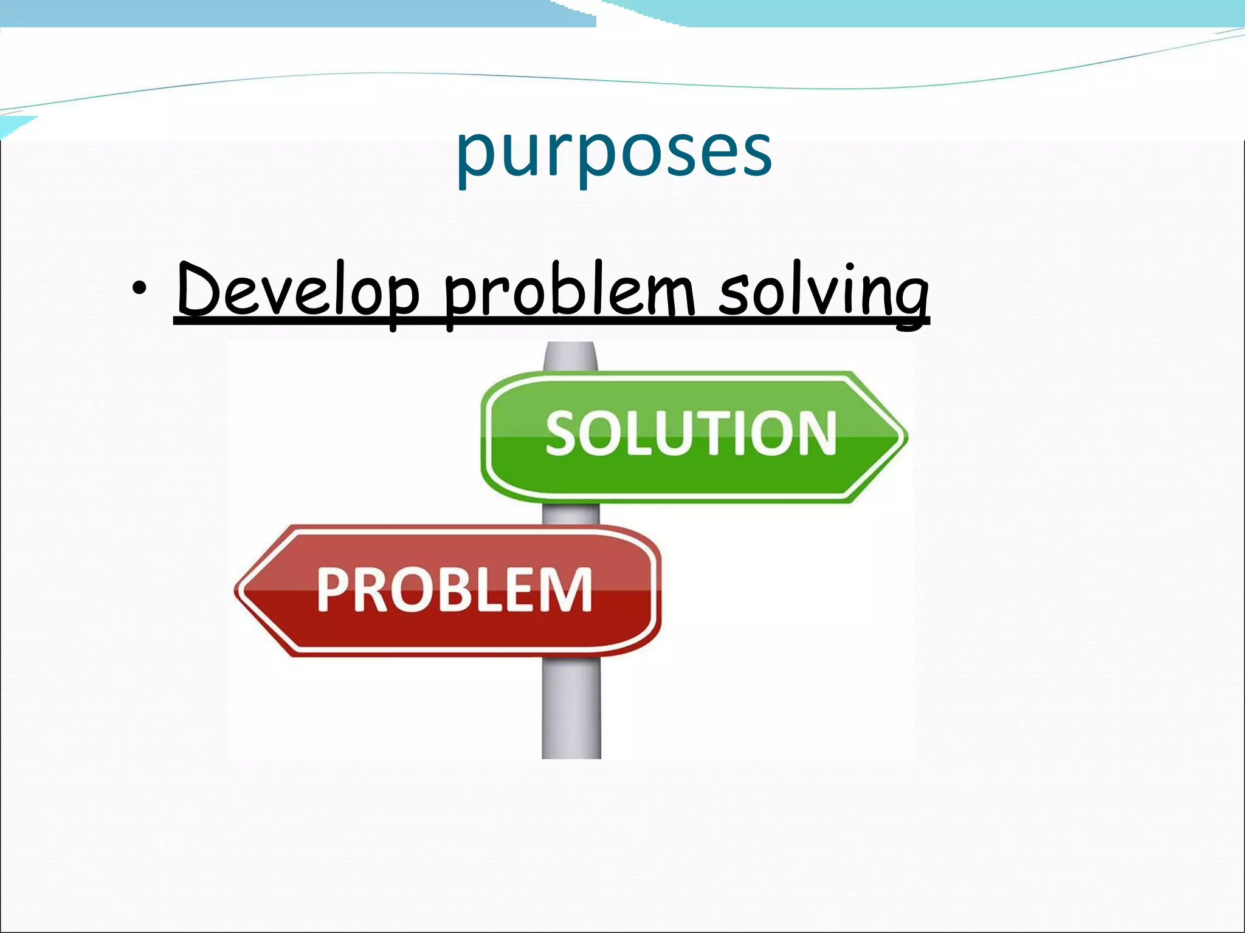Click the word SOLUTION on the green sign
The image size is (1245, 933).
(x=691, y=432)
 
